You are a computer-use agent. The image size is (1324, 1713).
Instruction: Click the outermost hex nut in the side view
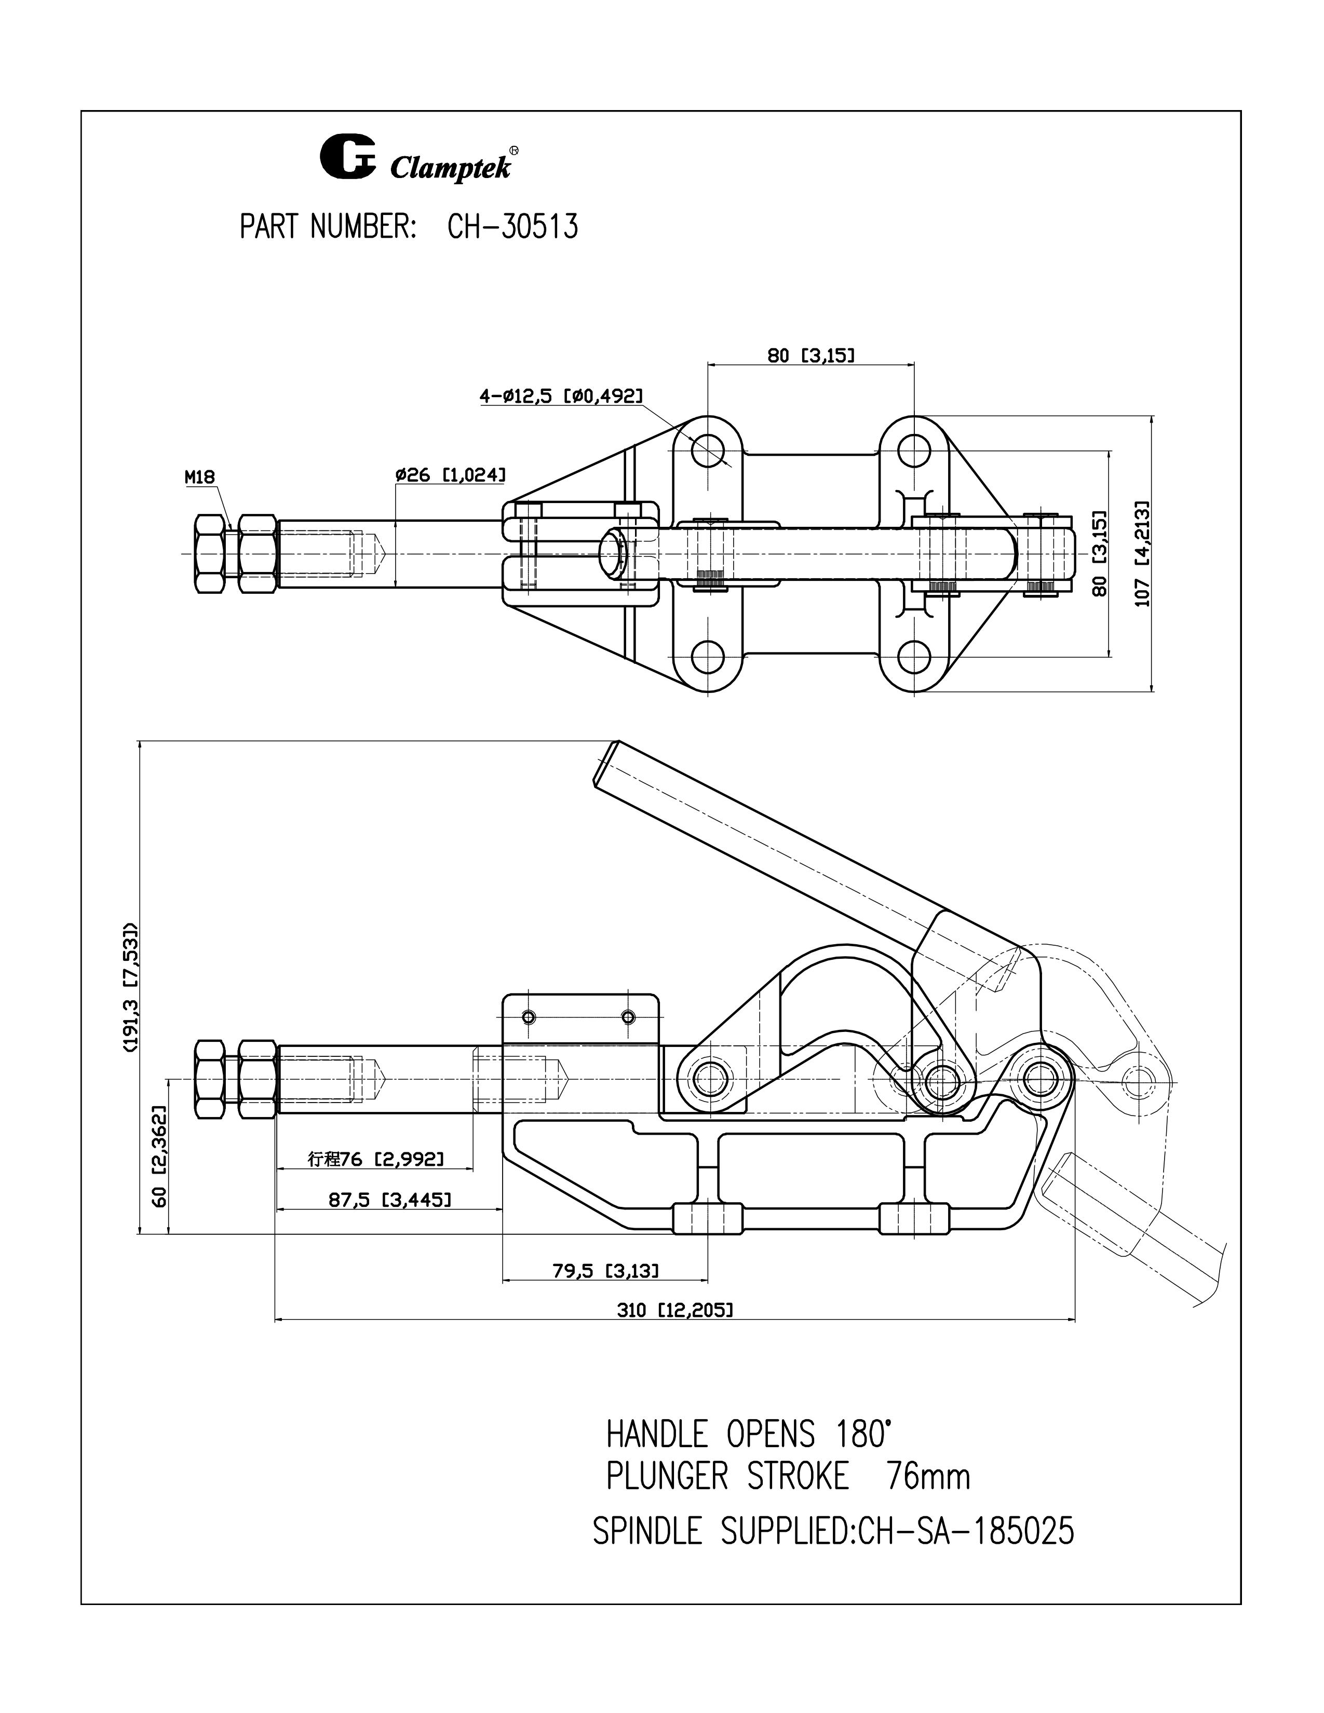point(209,1080)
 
